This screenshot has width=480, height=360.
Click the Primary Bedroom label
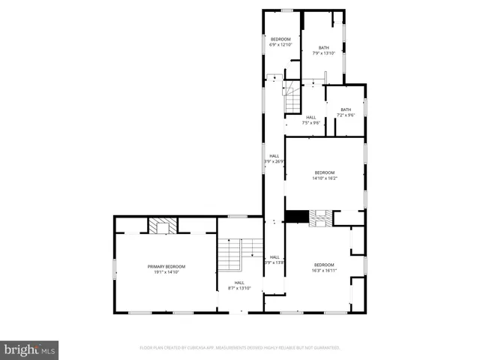click(166, 267)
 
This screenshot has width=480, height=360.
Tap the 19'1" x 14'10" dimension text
click(166, 272)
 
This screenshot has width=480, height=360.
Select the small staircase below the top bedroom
click(292, 97)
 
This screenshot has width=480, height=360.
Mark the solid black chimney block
click(296, 217)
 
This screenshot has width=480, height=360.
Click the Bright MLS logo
click(29, 349)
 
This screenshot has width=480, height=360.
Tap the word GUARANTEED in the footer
click(325, 348)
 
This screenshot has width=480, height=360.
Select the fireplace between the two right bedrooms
click(321, 217)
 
